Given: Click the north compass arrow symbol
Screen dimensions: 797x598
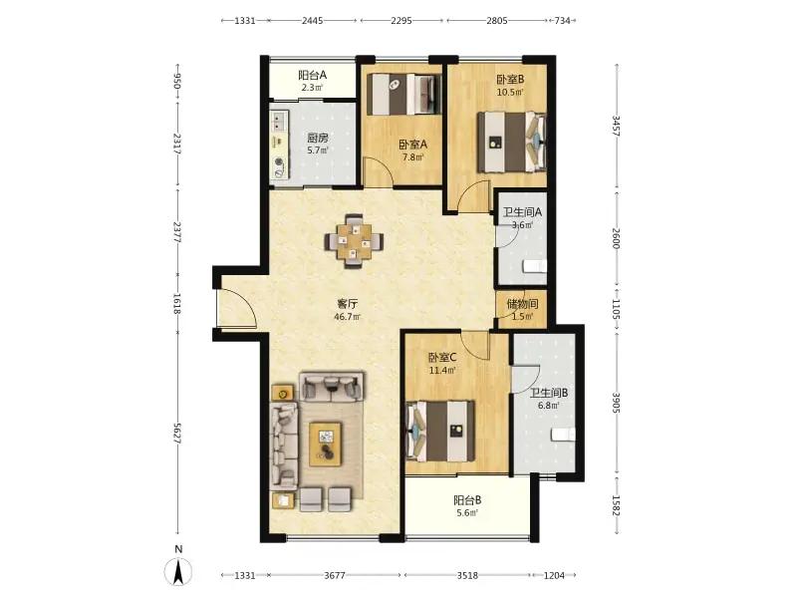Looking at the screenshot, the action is point(178,571).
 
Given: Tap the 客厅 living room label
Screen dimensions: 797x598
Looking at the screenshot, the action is point(347,304).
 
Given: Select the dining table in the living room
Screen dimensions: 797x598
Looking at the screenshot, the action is point(355,241).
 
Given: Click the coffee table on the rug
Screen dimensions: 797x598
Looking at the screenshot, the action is point(326,444).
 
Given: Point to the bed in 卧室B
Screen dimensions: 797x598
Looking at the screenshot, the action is point(511,143).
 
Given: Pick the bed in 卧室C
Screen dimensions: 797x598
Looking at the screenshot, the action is point(440,432).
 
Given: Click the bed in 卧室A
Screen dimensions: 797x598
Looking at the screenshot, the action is point(404,94).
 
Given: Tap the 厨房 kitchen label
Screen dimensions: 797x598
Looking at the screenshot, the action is point(318,138).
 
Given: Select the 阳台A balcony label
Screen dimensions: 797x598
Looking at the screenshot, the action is point(312,76).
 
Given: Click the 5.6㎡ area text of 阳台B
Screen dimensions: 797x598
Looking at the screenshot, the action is point(467,513).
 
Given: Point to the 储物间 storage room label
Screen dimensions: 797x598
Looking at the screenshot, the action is point(522,304).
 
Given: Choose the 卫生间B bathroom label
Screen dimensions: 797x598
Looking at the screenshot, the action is point(549,393).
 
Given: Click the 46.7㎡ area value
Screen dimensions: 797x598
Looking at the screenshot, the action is point(347,317).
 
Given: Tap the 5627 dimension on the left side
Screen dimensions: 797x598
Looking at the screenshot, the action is point(177,434).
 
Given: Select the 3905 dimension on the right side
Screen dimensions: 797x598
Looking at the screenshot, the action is point(616,402).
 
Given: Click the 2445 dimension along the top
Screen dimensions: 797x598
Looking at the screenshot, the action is point(312,21).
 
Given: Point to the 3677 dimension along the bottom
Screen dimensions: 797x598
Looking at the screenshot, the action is point(335,575).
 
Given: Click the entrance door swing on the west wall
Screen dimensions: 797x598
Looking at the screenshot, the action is point(237,308).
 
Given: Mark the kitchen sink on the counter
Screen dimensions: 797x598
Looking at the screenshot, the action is point(278,122).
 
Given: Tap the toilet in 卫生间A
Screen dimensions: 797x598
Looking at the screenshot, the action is point(534,266).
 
